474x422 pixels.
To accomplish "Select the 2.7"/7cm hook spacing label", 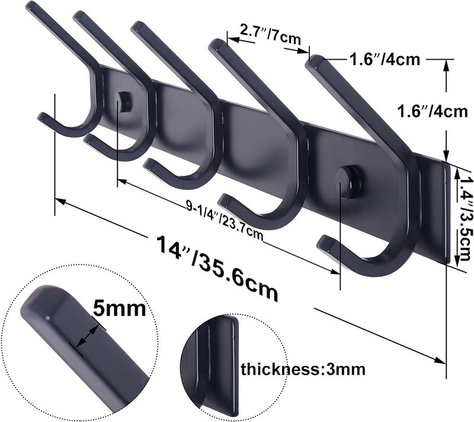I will click(261, 34).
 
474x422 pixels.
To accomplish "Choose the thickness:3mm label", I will click(302, 370).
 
